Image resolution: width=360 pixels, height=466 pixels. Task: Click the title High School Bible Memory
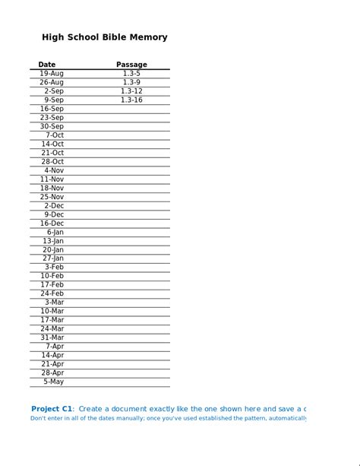[105, 37]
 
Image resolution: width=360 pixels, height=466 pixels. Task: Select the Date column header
[47, 65]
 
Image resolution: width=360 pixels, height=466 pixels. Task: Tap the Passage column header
[131, 65]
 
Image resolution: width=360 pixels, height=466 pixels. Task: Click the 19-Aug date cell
[52, 74]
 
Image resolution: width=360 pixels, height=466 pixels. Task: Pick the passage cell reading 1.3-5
[131, 74]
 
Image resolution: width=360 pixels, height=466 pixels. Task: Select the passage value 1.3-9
[131, 82]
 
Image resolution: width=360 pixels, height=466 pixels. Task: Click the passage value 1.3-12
[131, 91]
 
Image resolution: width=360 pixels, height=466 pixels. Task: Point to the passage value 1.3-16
[131, 100]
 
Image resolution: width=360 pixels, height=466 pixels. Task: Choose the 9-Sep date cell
[53, 100]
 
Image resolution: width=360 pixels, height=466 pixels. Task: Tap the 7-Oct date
[54, 135]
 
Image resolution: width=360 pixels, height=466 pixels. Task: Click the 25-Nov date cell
[52, 197]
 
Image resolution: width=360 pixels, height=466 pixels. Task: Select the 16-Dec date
[52, 223]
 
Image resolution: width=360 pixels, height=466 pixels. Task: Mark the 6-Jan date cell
[55, 232]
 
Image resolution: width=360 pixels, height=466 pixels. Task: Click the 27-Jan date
[52, 258]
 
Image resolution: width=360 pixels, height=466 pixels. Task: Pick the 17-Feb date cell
[52, 285]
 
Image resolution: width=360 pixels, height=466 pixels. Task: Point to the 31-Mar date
[52, 338]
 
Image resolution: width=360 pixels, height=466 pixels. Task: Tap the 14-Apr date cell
[52, 355]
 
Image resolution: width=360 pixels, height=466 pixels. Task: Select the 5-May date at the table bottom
[53, 382]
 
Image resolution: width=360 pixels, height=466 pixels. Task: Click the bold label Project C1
[52, 409]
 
